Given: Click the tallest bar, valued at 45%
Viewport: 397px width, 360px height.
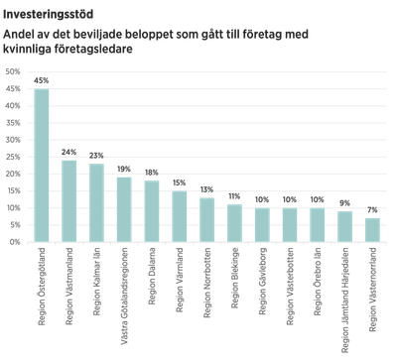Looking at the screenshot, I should click(x=43, y=165).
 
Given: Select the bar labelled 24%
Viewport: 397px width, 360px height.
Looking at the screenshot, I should click(x=69, y=199).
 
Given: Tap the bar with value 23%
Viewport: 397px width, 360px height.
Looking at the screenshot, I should click(x=97, y=202).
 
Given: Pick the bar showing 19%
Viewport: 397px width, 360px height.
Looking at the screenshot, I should click(x=125, y=208).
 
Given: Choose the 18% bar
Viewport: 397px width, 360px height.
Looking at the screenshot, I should click(x=152, y=210).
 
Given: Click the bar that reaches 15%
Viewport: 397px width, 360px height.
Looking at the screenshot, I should click(x=180, y=215).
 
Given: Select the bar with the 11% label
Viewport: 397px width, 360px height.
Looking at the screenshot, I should click(x=234, y=222).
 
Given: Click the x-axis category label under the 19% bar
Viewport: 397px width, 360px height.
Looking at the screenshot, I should click(x=125, y=277).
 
